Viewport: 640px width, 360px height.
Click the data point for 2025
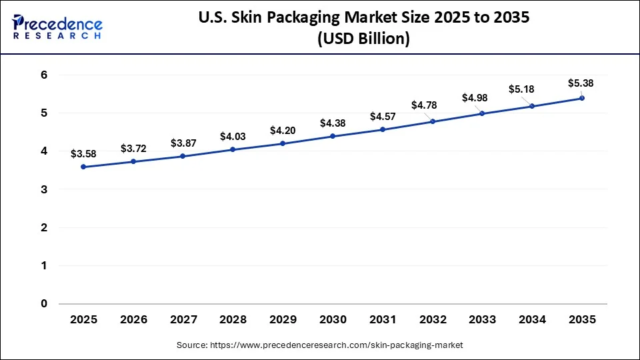(x=83, y=167)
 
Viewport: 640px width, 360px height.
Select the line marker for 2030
(x=333, y=136)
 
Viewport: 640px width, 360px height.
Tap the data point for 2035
(x=582, y=98)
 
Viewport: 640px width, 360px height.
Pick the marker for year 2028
(x=233, y=149)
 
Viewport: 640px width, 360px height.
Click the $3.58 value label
(x=83, y=154)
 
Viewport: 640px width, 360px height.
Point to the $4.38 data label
(x=333, y=123)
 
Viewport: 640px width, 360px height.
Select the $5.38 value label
(x=580, y=83)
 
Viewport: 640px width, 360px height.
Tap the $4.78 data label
(x=424, y=105)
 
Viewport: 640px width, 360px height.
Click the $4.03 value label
(x=233, y=137)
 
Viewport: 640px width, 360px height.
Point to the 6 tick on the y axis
(x=44, y=75)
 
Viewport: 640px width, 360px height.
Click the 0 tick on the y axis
(x=44, y=304)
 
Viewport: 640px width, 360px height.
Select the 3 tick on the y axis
(x=44, y=190)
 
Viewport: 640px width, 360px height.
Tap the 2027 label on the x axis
(x=183, y=320)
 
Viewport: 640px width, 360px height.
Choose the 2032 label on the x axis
(x=432, y=320)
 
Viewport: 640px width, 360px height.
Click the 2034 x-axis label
(x=532, y=320)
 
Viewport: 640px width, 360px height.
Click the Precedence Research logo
(x=57, y=27)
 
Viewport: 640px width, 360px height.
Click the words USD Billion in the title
(x=363, y=39)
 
